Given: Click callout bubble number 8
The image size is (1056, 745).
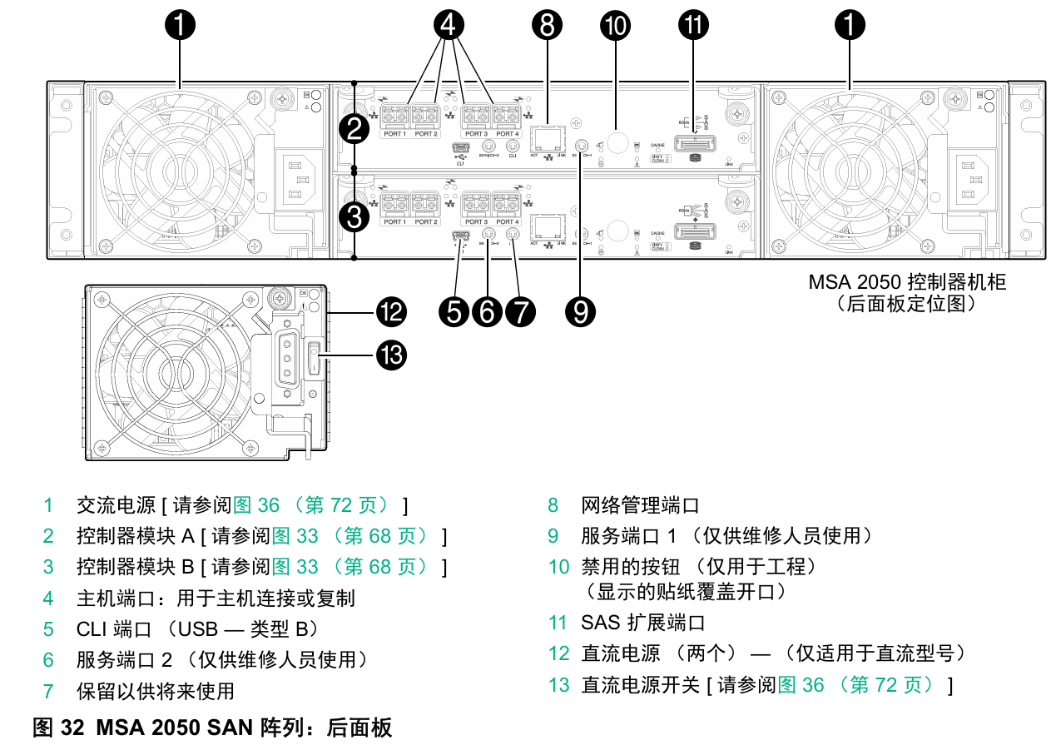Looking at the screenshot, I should tap(547, 26).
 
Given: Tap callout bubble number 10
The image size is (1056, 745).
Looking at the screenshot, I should tap(616, 26).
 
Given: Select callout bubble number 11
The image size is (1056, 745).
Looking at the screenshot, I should tap(694, 26).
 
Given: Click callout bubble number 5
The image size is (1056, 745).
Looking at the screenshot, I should tap(455, 312).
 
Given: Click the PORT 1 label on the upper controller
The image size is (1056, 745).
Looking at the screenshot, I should tap(394, 134).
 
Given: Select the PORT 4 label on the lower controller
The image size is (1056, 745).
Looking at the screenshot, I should tap(507, 221).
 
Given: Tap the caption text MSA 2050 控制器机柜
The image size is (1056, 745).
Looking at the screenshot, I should tap(907, 282).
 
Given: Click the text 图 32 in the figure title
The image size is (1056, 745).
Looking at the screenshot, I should tap(58, 728).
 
